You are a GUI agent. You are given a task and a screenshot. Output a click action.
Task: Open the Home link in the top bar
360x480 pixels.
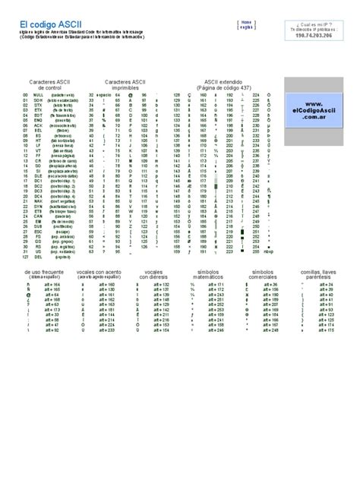point(247,22)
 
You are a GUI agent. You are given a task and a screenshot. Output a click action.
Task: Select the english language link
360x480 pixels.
point(247,28)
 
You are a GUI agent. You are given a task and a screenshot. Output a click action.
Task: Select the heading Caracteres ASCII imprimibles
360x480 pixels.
point(125,84)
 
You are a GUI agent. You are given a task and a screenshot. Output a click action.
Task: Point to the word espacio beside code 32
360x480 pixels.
point(104,95)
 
